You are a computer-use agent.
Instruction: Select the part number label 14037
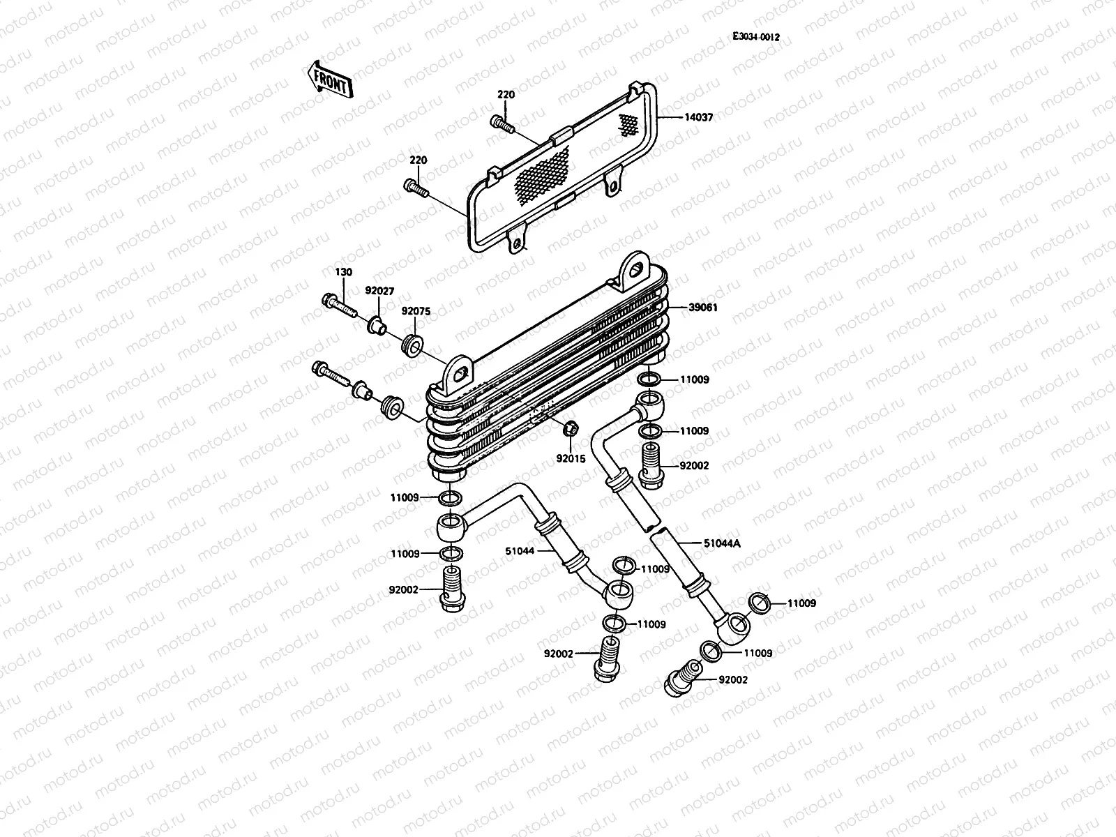click(x=697, y=118)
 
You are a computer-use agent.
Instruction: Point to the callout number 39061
click(x=704, y=307)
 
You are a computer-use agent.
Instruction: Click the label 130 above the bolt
click(x=343, y=272)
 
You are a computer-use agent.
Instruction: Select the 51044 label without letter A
click(x=520, y=551)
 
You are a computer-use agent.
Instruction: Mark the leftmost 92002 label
click(x=404, y=589)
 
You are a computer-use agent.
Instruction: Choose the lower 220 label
click(x=418, y=160)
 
